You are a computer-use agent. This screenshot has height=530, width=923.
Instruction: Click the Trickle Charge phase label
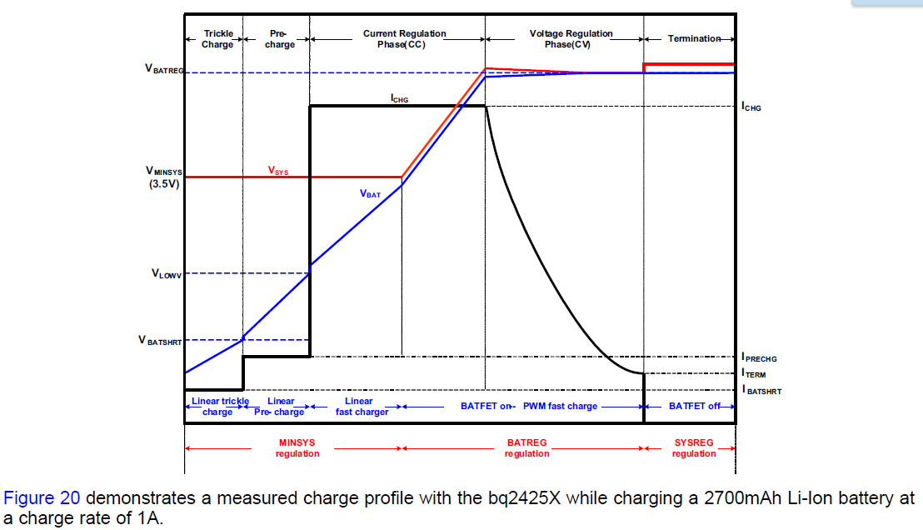pyautogui.click(x=217, y=39)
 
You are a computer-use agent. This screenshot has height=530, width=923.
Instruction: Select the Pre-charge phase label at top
pyautogui.click(x=279, y=39)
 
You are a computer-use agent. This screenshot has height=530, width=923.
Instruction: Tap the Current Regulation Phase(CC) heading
pyautogui.click(x=404, y=39)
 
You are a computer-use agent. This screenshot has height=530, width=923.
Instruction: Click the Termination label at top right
pyautogui.click(x=693, y=39)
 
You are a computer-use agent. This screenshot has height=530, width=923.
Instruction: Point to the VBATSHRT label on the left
pyautogui.click(x=161, y=341)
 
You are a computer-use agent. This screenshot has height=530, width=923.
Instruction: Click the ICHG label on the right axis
pyautogui.click(x=751, y=107)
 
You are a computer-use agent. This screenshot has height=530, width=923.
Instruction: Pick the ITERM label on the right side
pyautogui.click(x=754, y=374)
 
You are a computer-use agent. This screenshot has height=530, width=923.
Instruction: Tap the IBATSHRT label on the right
pyautogui.click(x=761, y=390)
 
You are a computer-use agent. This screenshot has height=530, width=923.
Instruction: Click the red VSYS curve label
pyautogui.click(x=278, y=170)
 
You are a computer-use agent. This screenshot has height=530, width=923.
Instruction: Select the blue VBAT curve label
pyautogui.click(x=370, y=193)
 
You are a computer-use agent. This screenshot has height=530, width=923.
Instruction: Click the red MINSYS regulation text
pyautogui.click(x=297, y=448)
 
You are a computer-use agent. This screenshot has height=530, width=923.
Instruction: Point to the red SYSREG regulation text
pyautogui.click(x=694, y=448)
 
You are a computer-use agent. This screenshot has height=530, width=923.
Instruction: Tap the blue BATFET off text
pyautogui.click(x=694, y=406)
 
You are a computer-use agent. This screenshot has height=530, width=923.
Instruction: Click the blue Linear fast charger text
pyautogui.click(x=362, y=407)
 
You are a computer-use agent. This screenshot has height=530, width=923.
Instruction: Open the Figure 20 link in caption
pyautogui.click(x=42, y=498)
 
